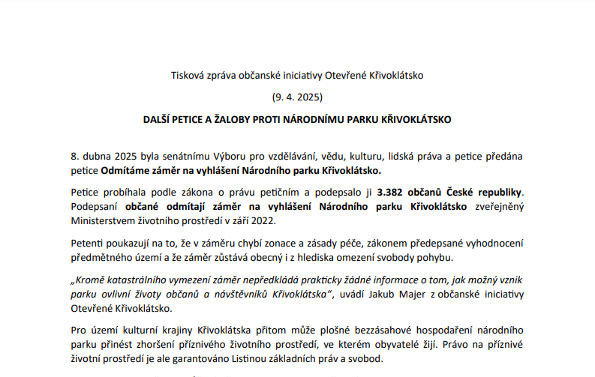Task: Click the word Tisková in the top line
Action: pyautogui.click(x=188, y=76)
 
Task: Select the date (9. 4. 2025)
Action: pyautogui.click(x=297, y=97)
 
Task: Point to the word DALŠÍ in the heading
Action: pyautogui.click(x=160, y=119)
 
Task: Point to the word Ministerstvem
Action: pyautogui.click(x=104, y=220)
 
